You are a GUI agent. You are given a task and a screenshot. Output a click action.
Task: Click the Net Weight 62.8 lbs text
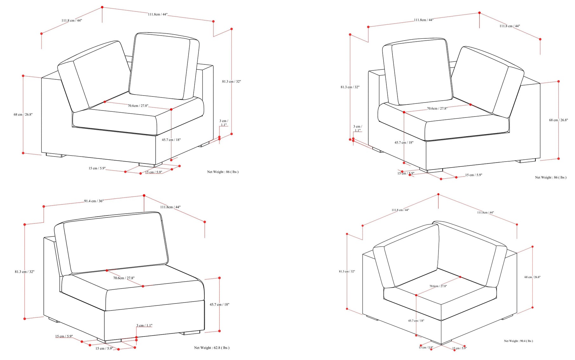(x=211, y=348)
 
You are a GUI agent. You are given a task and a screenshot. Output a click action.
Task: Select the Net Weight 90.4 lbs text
(x=518, y=341)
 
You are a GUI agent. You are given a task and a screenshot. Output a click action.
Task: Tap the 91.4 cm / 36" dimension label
(x=94, y=201)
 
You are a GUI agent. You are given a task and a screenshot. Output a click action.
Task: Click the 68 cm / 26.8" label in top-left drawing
(x=23, y=114)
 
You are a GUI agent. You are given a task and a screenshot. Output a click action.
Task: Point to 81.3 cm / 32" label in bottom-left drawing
(x=24, y=272)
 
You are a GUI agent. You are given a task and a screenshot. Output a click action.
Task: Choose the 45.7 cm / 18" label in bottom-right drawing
(x=416, y=321)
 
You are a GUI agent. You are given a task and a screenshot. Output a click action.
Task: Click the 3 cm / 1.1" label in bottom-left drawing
(x=144, y=325)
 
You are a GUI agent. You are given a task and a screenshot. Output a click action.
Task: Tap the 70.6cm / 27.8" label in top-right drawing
(x=437, y=109)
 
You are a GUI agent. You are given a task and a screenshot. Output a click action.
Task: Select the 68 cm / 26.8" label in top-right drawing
(x=558, y=120)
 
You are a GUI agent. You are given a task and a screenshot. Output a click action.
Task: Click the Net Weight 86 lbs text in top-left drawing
(x=223, y=172)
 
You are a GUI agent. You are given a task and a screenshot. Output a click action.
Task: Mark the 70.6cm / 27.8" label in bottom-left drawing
(x=124, y=278)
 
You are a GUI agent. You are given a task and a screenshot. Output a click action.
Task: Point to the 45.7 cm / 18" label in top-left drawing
(x=171, y=140)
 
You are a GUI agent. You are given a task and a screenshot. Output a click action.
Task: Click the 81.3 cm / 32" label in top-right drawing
(x=350, y=87)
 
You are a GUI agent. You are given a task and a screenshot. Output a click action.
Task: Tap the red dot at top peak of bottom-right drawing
(x=438, y=194)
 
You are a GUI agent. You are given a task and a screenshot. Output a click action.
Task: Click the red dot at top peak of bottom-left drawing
(x=144, y=196)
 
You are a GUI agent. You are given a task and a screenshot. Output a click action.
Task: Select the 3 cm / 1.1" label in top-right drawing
(x=358, y=128)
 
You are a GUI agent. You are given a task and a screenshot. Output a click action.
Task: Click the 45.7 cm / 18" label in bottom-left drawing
(x=219, y=304)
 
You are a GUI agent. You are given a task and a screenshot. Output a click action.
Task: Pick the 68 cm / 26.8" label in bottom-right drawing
(x=532, y=277)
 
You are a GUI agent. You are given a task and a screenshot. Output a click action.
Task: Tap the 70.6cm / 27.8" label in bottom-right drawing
(x=438, y=286)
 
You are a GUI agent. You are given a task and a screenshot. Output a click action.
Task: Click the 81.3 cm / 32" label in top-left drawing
(x=231, y=82)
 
